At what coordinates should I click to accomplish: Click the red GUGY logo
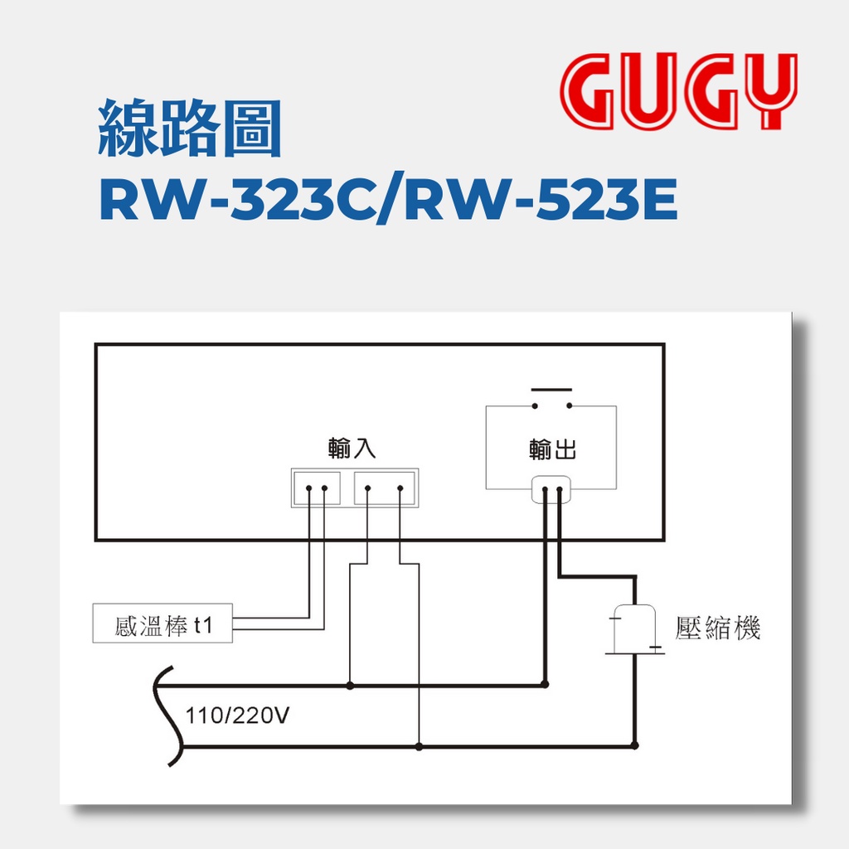677,91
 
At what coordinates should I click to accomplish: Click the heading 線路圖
189,131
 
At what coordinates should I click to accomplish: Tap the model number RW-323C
240,202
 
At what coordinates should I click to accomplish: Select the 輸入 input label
352,449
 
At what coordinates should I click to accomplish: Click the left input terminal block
316,488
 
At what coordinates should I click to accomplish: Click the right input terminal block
384,488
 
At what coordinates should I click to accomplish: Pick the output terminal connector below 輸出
551,491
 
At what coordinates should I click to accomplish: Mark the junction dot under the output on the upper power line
545,685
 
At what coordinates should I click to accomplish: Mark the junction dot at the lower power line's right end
635,745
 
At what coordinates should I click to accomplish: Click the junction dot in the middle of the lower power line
419,746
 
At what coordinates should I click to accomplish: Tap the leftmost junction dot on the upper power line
350,686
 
